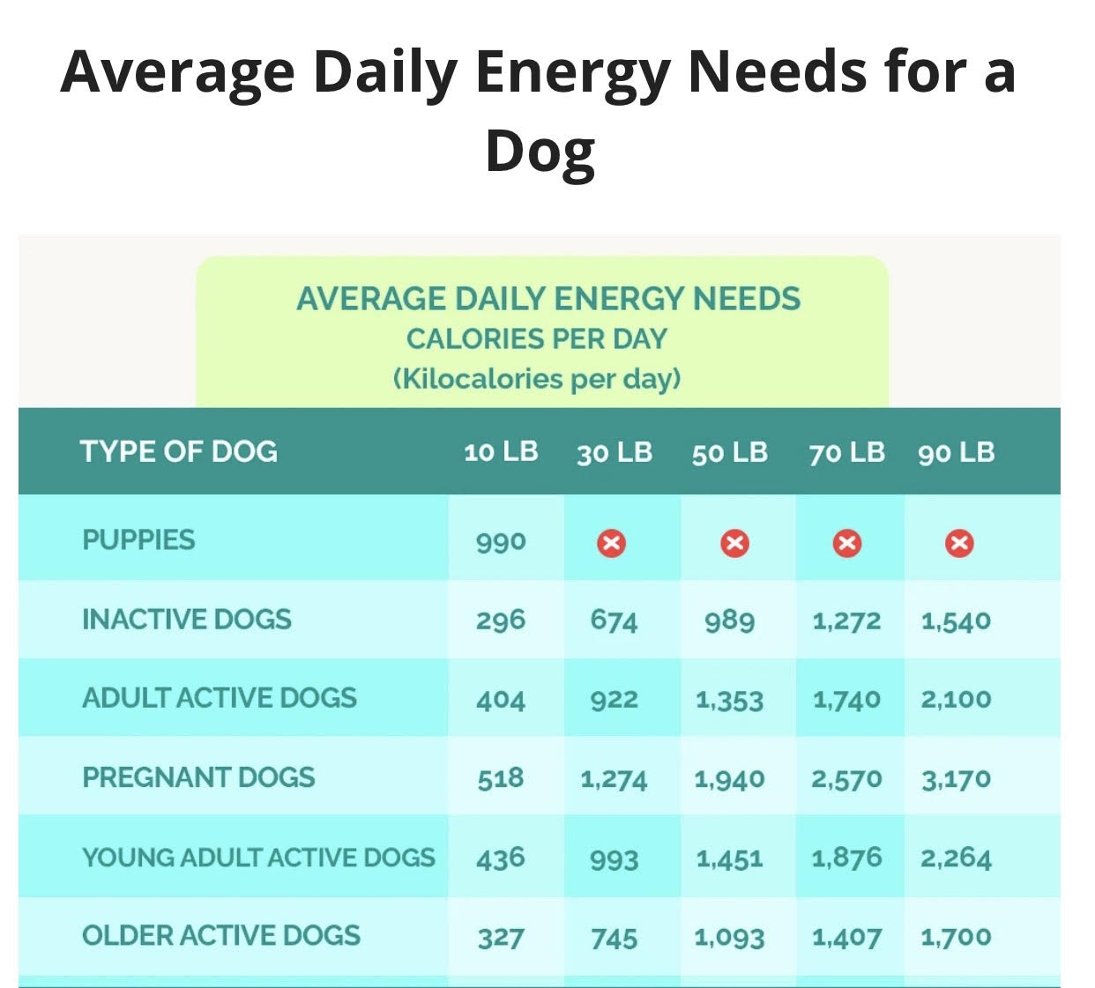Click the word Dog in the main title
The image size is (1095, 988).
(x=540, y=152)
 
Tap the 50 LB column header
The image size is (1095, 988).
(x=729, y=453)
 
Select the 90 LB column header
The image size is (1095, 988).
(x=956, y=453)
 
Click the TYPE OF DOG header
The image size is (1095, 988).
(x=179, y=452)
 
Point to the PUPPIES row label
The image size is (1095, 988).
(x=138, y=539)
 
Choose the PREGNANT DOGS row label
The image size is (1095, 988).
(x=198, y=777)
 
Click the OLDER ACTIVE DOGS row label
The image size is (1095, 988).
(x=221, y=935)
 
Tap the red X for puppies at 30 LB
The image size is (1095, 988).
(x=611, y=543)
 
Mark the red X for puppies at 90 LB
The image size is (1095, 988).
(x=959, y=543)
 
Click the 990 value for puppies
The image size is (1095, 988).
(x=501, y=541)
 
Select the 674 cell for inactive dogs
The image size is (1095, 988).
(x=614, y=620)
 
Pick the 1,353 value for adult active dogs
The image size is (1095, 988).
(x=729, y=700)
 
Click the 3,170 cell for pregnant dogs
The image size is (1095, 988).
(x=956, y=779)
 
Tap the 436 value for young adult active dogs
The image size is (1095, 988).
(x=501, y=858)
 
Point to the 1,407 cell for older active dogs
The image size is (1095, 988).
(x=846, y=937)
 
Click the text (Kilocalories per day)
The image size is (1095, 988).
(x=537, y=379)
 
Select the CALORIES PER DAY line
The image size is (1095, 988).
(x=537, y=339)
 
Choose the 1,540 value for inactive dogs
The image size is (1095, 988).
(x=956, y=620)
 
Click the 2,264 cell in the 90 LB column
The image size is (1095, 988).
(x=956, y=858)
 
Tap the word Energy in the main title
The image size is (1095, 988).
(x=572, y=72)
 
